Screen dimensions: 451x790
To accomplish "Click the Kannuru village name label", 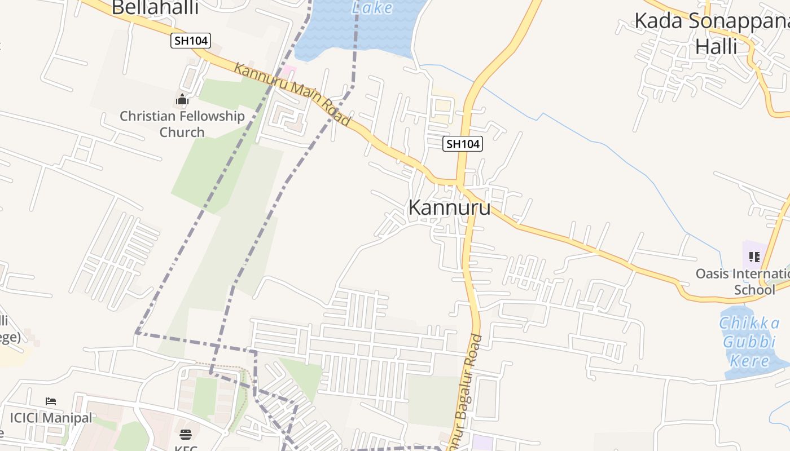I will click(449, 207).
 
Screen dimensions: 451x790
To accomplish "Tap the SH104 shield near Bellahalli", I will click(191, 41).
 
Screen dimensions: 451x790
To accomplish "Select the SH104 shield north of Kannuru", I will click(463, 144).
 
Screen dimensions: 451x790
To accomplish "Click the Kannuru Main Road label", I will click(292, 94).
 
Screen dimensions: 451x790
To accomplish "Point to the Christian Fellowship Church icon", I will click(182, 100).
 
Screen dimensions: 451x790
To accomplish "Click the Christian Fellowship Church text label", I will click(182, 124).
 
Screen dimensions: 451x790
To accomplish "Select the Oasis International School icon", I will click(754, 258).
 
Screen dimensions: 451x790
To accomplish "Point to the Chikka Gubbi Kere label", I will click(749, 342).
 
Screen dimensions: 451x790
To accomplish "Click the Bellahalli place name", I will click(155, 8).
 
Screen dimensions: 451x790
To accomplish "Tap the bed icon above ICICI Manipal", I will click(51, 401).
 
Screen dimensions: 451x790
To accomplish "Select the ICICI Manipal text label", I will click(51, 418).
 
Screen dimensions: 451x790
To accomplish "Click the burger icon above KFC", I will click(185, 434).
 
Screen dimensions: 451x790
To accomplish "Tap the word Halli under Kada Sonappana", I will click(716, 46).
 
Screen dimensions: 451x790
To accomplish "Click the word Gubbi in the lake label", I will click(749, 342).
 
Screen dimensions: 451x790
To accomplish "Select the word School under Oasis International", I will click(754, 290).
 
